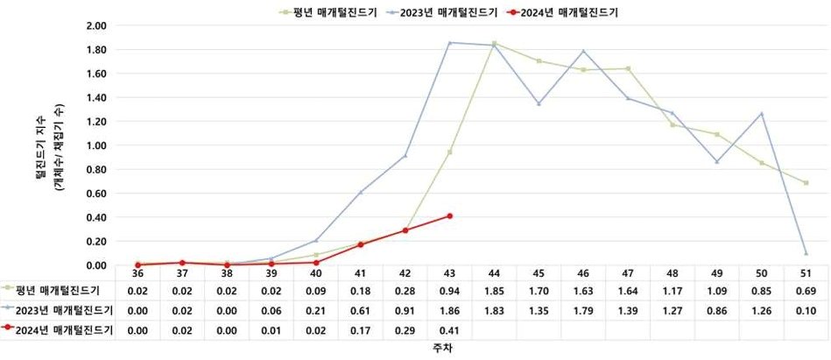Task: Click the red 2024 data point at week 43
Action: click(x=450, y=215)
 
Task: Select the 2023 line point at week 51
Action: click(x=806, y=253)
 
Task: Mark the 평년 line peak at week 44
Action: click(x=495, y=43)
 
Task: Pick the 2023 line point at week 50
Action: click(x=762, y=114)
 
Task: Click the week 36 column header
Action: click(x=137, y=273)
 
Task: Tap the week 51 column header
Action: click(x=806, y=273)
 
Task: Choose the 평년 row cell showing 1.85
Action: click(x=495, y=289)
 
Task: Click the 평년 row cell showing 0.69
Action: click(x=806, y=289)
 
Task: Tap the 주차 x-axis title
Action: click(x=440, y=349)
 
